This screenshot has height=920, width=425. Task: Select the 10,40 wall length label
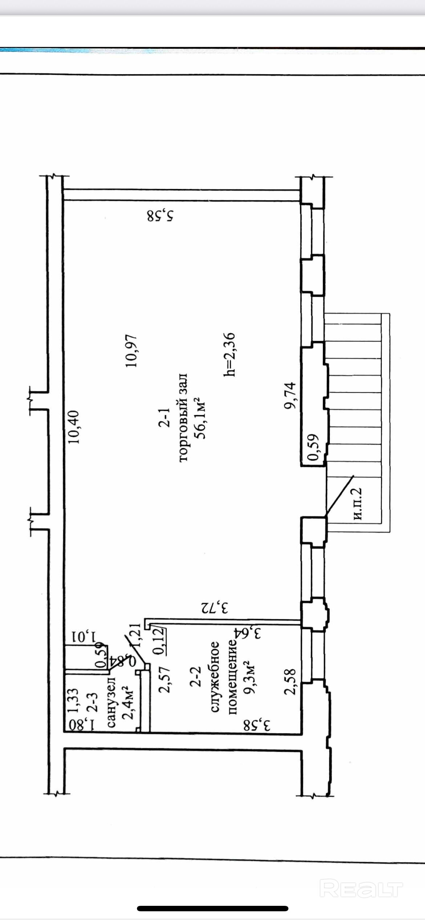tap(74, 427)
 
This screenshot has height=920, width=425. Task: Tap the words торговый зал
tap(183, 417)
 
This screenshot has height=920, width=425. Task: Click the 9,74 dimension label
tap(291, 395)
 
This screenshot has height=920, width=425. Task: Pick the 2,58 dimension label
tap(291, 682)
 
